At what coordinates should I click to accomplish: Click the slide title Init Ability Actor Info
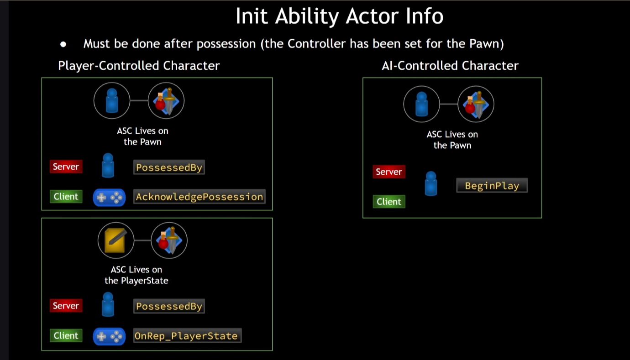339,17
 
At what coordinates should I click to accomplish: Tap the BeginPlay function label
492,186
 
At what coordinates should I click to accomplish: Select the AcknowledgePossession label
199,197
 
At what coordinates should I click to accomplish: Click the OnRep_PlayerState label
186,336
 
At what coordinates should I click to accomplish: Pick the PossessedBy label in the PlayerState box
169,306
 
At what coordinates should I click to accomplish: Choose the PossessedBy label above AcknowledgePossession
169,167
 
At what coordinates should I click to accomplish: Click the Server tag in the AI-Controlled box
389,172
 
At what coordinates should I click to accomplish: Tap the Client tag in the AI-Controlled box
389,202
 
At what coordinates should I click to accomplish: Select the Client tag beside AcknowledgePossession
66,197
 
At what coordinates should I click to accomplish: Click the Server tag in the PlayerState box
66,306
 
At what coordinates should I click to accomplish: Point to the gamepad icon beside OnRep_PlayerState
109,336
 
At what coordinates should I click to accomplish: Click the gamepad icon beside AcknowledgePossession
109,198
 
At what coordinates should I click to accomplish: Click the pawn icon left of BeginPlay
430,183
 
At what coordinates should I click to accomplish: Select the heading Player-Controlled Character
139,66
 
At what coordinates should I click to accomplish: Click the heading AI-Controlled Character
450,66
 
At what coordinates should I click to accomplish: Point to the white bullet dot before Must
63,44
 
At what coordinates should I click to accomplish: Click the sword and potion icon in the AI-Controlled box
476,104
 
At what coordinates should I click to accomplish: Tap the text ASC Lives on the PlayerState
136,275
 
